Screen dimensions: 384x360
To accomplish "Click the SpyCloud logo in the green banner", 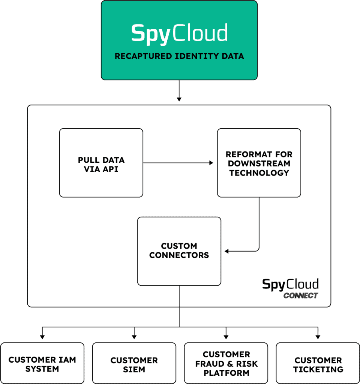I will point(179,33).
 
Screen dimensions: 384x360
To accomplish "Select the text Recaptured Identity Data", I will point(179,56).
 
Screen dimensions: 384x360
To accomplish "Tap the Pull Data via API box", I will point(101,163).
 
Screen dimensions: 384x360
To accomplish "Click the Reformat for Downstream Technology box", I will point(259,163).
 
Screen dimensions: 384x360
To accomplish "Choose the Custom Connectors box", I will point(179,250).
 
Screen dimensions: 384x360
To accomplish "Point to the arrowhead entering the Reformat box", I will point(211,163).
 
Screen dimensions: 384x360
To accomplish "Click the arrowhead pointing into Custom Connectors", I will point(227,251).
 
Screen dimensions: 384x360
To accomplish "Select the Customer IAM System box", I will point(42,364).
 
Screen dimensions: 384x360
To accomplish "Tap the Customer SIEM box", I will point(134,364).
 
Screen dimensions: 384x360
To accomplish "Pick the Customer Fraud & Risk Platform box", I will point(226,364).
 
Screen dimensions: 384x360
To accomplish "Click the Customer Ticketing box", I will point(318,364).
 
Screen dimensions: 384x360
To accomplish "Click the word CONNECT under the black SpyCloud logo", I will point(301,295).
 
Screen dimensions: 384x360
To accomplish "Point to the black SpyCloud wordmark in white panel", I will point(290,284).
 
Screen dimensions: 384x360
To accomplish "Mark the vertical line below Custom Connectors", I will point(179,296).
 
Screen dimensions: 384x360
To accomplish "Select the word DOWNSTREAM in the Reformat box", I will point(259,163).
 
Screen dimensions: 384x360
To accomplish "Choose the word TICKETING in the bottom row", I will point(318,369).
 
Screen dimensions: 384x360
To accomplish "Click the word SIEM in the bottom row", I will point(134,369).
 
